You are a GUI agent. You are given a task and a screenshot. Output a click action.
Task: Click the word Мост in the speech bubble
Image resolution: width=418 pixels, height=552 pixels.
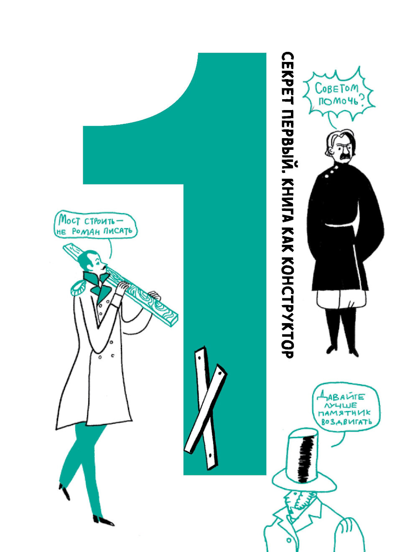pyautogui.click(x=69, y=221)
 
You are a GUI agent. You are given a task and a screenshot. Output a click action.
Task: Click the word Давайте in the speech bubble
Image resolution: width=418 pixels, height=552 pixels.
pyautogui.click(x=340, y=397)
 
